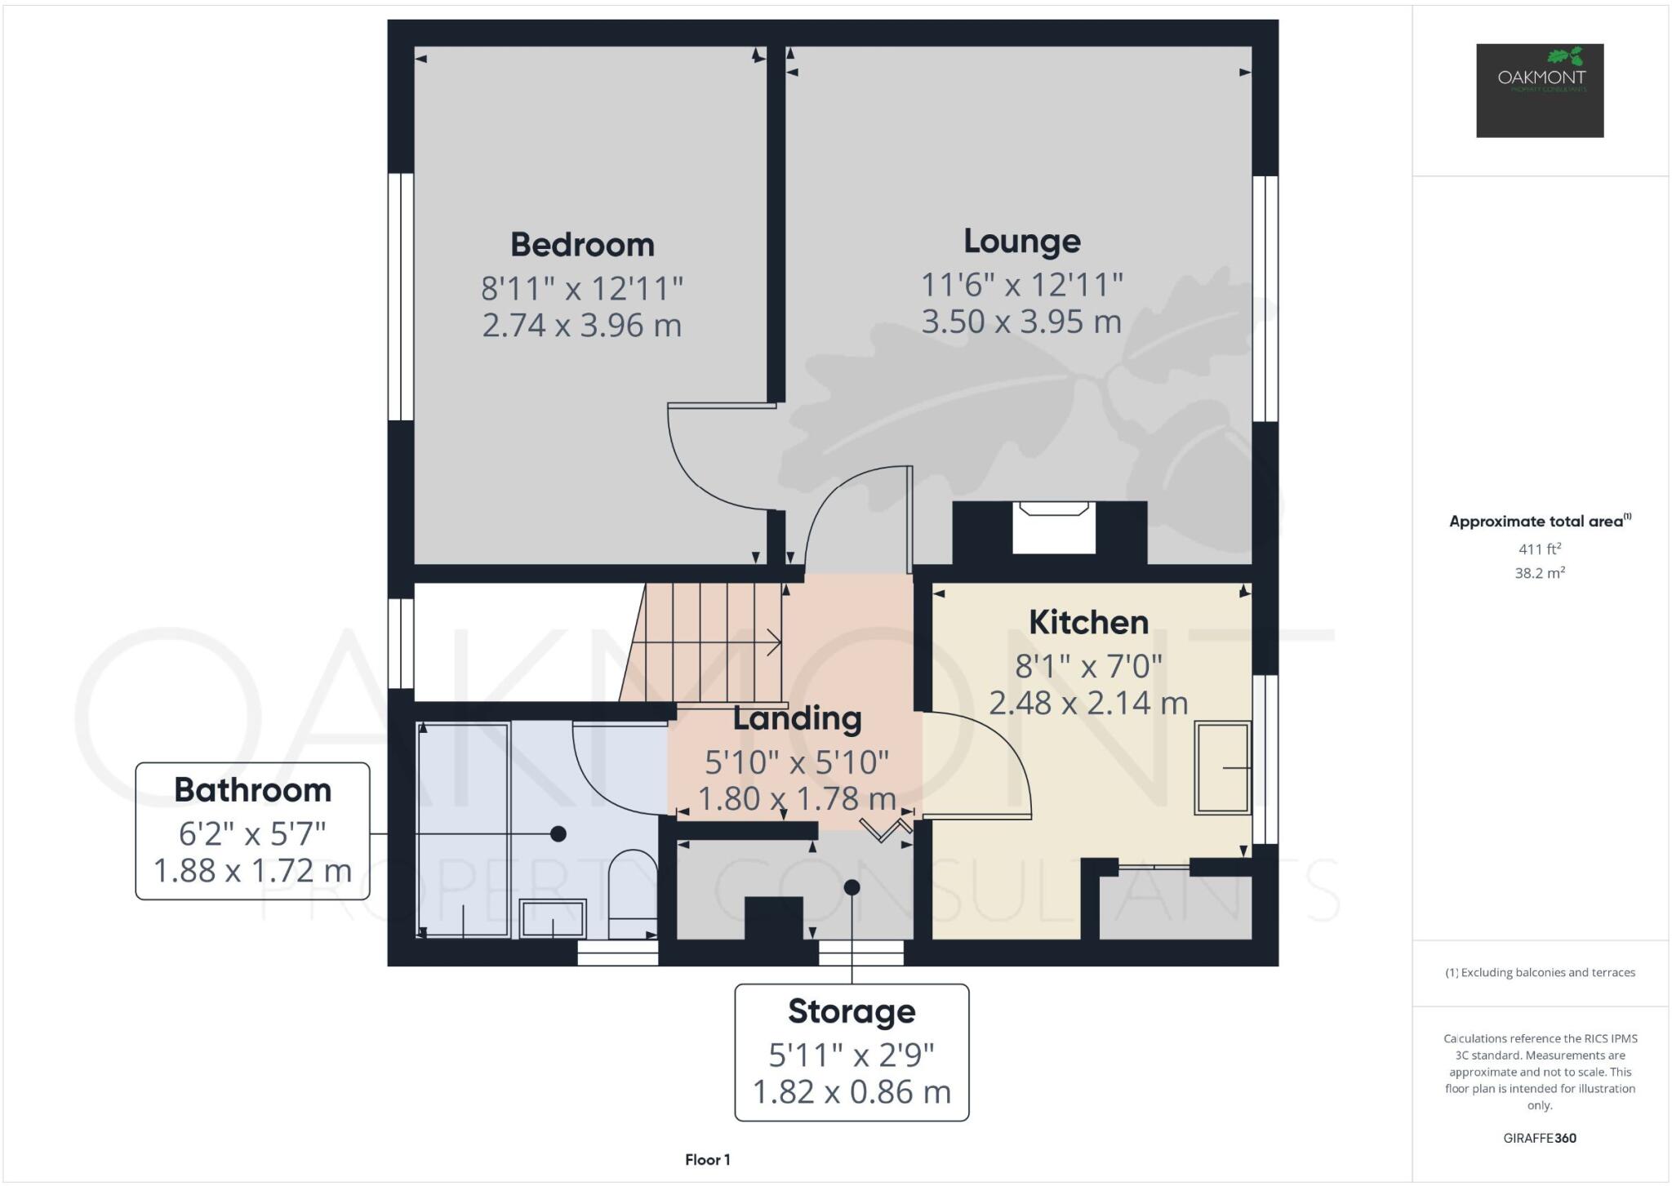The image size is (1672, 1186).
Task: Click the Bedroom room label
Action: pos(582,245)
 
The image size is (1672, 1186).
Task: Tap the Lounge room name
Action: pos(1021,241)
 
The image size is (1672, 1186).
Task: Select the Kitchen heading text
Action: pos(1088,623)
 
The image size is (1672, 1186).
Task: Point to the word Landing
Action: pos(797,718)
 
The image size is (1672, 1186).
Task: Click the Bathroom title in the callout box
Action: pos(252,790)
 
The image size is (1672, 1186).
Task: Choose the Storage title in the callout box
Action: pos(852,1011)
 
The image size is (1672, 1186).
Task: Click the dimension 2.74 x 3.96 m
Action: pos(581,326)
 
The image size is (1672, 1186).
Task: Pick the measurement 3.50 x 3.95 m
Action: pos(1021,322)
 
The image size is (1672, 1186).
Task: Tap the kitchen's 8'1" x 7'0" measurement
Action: pos(1088,667)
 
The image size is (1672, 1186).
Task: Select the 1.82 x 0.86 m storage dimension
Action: pos(852,1092)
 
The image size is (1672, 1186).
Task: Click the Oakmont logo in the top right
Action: pos(1540,90)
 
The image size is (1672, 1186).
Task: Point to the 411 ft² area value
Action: pos(1540,549)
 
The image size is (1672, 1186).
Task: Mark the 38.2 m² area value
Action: pos(1540,573)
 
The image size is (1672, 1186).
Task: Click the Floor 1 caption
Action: pos(707,1160)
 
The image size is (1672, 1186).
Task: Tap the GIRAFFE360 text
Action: pos(1540,1138)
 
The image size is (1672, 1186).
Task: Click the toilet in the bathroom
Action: pos(633,894)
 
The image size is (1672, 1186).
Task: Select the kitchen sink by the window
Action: pos(1222,767)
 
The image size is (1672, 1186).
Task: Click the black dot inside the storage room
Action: pos(852,887)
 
